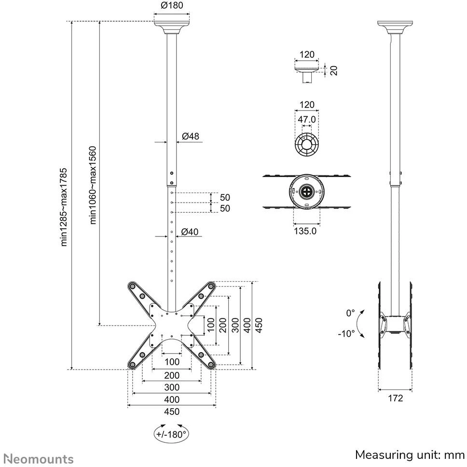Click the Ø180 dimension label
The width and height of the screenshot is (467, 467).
pos(172,5)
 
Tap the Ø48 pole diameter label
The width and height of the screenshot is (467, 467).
pos(190,137)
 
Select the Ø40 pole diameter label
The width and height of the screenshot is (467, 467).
pos(190,232)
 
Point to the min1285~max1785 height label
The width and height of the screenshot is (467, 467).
pos(64,207)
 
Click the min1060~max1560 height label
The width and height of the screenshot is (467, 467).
pos(93,185)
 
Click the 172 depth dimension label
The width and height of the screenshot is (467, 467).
pos(395,398)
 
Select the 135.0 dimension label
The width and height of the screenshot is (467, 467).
pos(305,231)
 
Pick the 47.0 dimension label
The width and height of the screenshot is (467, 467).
pos(307,119)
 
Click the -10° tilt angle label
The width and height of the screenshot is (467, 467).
pos(346,333)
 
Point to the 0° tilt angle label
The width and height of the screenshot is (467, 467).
pos(351,313)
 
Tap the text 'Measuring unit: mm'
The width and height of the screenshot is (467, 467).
pos(410,455)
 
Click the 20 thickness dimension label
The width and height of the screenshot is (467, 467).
pos(334,70)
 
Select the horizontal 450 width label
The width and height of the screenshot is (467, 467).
pos(172,412)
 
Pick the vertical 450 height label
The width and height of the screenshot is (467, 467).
pos(259,325)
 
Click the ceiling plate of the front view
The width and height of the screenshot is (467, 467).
pos(172,27)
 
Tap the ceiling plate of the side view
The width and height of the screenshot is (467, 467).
pos(395,27)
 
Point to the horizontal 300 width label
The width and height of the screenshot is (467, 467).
pos(172,387)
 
